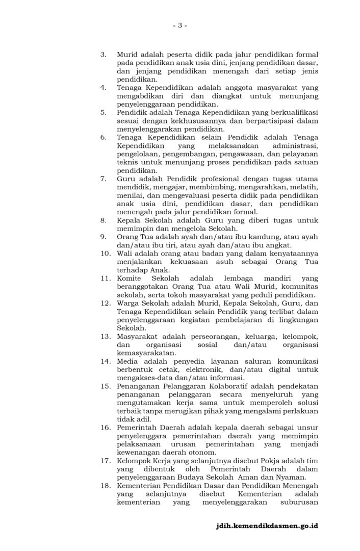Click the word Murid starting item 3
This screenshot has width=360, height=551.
pos(127,55)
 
